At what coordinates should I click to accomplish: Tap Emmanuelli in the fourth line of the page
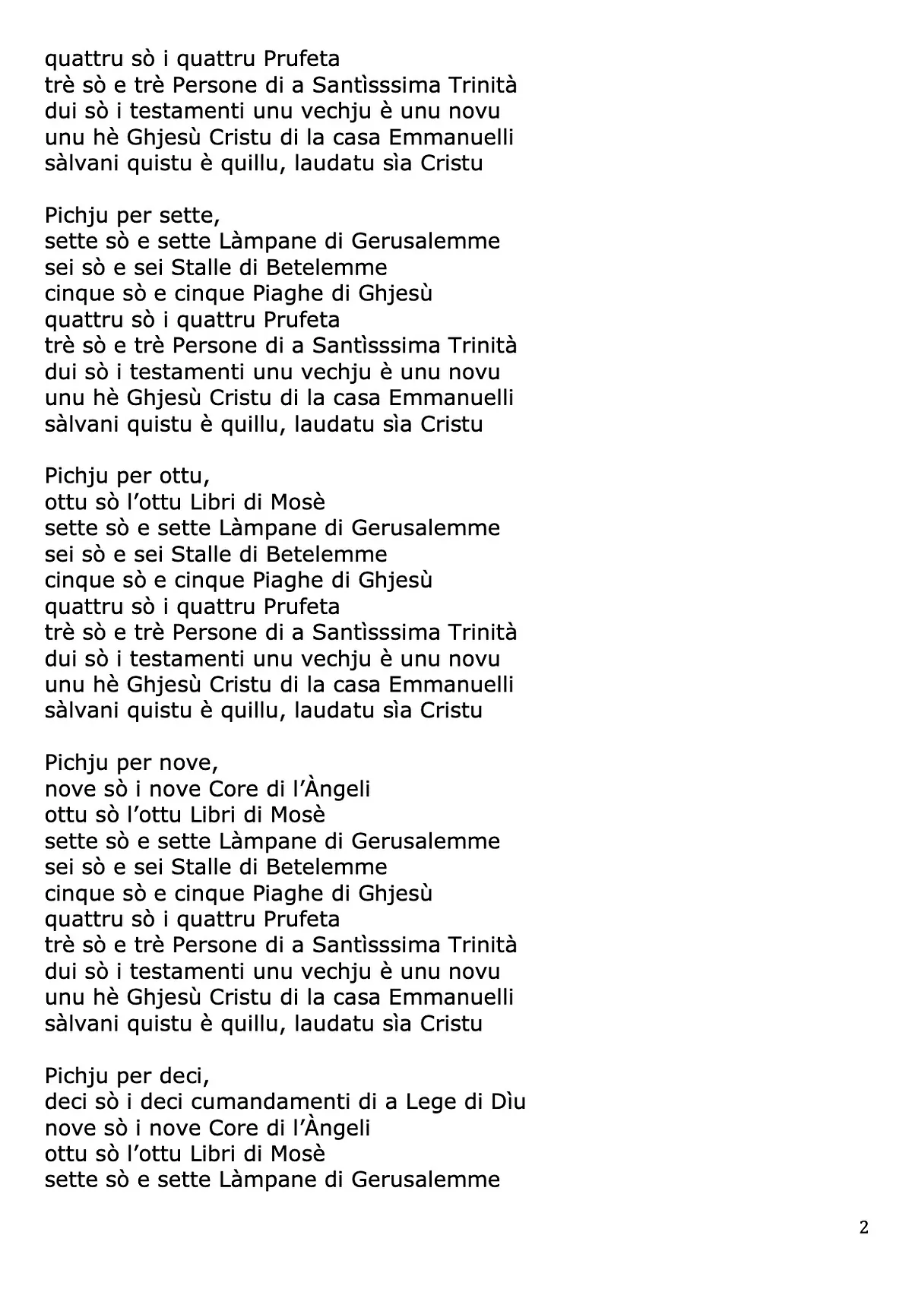pos(451,137)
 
